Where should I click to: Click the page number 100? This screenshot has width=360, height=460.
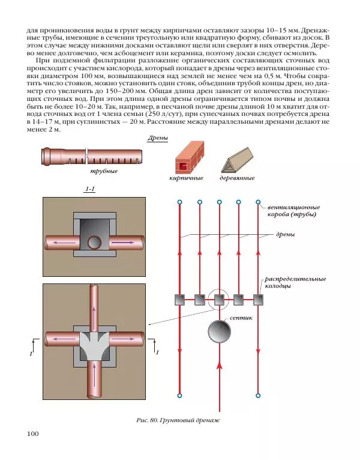tap(33, 434)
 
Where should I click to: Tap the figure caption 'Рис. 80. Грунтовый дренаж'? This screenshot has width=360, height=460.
tap(178, 420)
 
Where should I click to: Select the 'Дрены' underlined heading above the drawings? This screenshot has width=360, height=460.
tap(158, 138)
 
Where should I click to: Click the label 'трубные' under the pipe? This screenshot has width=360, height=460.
tap(104, 171)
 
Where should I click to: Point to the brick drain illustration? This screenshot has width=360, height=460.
tap(190, 158)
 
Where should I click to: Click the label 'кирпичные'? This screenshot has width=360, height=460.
tap(187, 178)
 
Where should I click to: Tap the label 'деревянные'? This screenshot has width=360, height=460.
tap(237, 178)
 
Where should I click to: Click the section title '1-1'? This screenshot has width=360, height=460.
tap(90, 189)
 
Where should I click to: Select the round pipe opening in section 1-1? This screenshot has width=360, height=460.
tap(95, 243)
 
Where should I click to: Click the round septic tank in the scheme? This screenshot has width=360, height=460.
tap(219, 331)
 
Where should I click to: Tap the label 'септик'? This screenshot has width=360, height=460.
tap(241, 318)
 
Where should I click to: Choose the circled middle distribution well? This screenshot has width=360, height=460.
tap(219, 300)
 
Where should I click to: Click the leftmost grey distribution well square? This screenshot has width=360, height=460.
tap(180, 300)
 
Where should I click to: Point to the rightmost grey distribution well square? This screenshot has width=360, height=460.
tap(258, 300)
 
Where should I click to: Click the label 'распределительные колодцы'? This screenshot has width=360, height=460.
tap(295, 282)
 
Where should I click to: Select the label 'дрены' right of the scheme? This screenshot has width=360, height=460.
tap(286, 234)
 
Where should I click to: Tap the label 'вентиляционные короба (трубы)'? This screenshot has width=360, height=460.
tap(293, 211)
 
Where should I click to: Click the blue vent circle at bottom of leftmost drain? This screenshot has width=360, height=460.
tap(180, 396)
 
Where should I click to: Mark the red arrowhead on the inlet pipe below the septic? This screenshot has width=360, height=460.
tap(219, 365)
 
